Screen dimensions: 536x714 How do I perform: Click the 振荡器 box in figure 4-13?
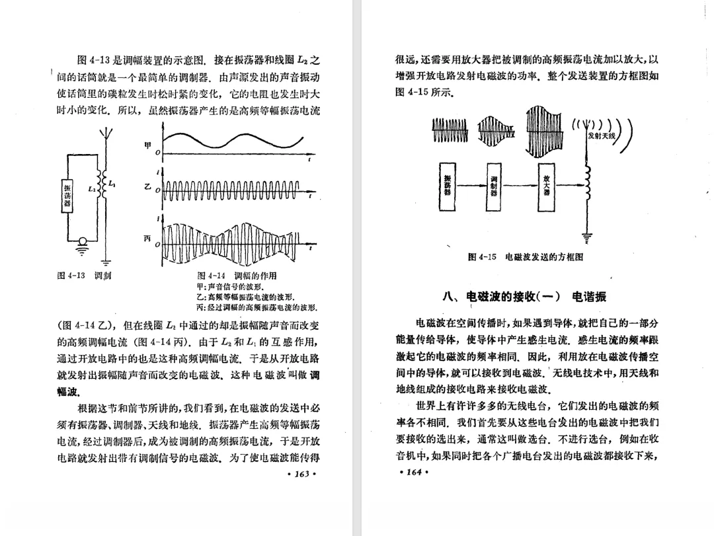(x=67, y=196)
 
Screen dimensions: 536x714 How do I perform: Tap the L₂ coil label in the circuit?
(x=92, y=189)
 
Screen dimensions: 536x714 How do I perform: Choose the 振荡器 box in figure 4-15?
(x=448, y=186)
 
